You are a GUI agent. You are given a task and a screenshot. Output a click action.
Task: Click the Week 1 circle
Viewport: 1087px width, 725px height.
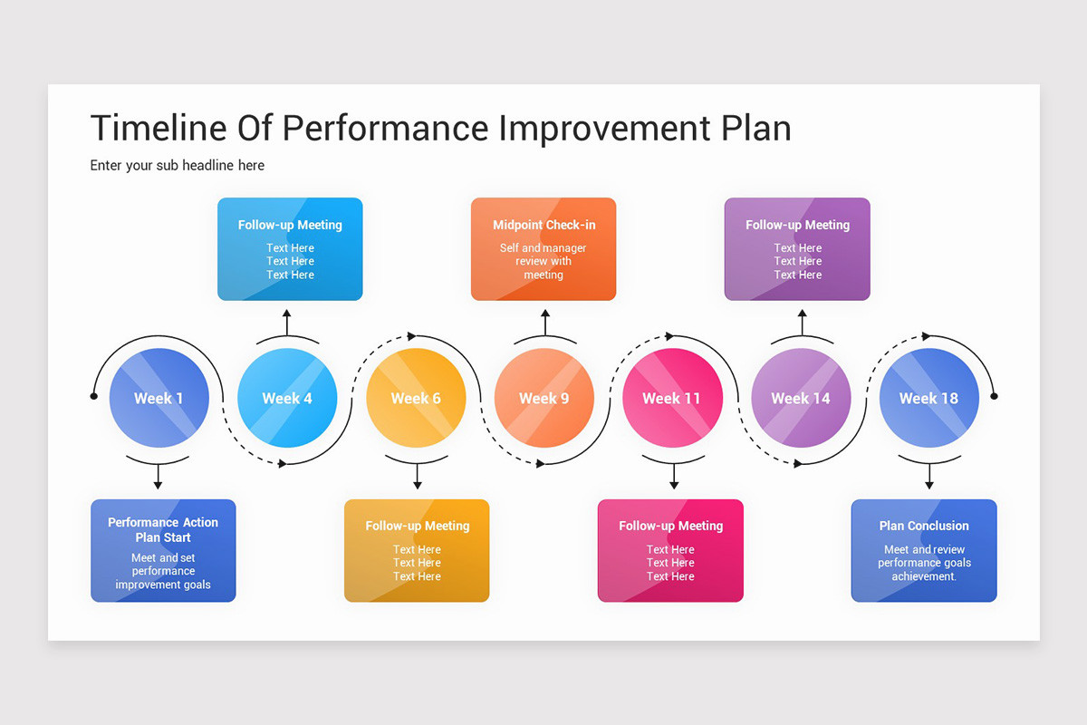pyautogui.click(x=159, y=398)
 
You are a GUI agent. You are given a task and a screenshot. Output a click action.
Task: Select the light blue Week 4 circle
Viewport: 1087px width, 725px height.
pyautogui.click(x=287, y=398)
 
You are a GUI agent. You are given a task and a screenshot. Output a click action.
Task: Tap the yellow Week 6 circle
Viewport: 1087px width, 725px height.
pyautogui.click(x=416, y=398)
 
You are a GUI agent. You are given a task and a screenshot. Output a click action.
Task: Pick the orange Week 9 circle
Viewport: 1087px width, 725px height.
pyautogui.click(x=544, y=398)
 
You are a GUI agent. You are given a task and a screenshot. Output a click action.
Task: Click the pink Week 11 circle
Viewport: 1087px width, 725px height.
pyautogui.click(x=672, y=398)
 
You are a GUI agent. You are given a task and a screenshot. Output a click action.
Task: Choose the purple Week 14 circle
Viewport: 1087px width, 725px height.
pyautogui.click(x=801, y=398)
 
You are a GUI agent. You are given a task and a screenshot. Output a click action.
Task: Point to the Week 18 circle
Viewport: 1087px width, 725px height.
pyautogui.click(x=928, y=398)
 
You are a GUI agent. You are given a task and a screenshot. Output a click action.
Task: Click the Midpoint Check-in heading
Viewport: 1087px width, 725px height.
pyautogui.click(x=543, y=225)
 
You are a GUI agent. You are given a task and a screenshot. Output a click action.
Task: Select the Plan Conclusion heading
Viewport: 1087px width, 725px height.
pyautogui.click(x=924, y=526)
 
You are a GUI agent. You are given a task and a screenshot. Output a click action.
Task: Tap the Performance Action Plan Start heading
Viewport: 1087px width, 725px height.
pyautogui.click(x=163, y=529)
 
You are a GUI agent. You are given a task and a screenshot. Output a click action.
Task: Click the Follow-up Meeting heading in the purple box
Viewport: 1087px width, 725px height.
pyautogui.click(x=797, y=225)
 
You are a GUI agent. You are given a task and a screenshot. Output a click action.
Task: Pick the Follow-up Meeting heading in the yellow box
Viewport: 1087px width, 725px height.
pyautogui.click(x=417, y=526)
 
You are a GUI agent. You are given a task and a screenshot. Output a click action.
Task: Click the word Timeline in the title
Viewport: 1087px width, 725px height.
pyautogui.click(x=158, y=129)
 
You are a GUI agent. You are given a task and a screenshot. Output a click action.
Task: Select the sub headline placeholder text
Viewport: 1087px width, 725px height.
pyautogui.click(x=178, y=166)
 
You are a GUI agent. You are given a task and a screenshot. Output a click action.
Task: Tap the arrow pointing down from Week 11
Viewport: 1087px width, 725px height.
pyautogui.click(x=673, y=477)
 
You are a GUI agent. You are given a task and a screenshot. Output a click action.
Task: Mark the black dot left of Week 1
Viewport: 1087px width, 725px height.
pyautogui.click(x=93, y=396)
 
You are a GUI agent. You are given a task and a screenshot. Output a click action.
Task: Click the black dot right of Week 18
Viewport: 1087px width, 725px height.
pyautogui.click(x=994, y=396)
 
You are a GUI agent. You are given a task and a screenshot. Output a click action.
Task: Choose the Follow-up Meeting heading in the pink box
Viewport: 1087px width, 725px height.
pyautogui.click(x=670, y=526)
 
